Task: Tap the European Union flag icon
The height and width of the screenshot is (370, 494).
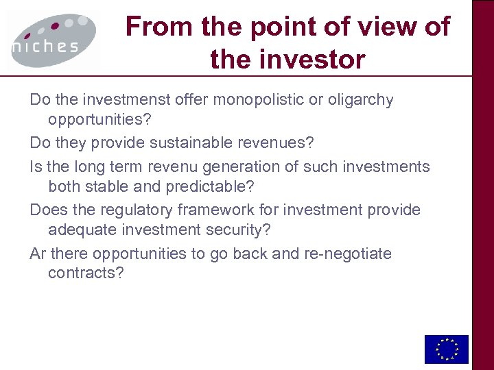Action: point(446,349)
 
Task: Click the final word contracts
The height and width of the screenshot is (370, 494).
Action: point(86,274)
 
